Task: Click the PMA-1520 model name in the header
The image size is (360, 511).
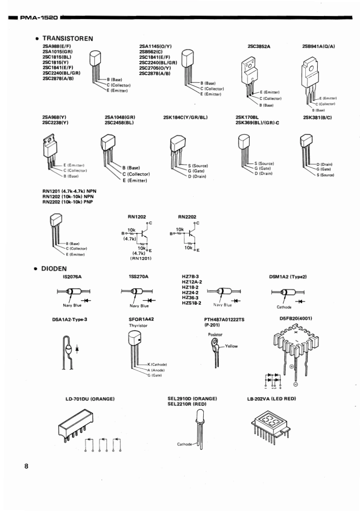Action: pyautogui.click(x=38, y=18)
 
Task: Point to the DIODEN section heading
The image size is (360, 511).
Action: pyautogui.click(x=55, y=269)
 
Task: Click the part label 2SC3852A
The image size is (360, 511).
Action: pyautogui.click(x=259, y=46)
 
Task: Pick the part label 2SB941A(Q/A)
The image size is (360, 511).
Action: pyautogui.click(x=319, y=46)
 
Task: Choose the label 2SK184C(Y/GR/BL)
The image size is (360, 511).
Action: pyautogui.click(x=185, y=118)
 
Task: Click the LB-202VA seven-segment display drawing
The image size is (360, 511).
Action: pyautogui.click(x=270, y=426)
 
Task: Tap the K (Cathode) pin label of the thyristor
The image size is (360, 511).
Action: pyautogui.click(x=157, y=365)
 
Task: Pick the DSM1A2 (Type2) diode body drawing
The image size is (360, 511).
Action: pyautogui.click(x=286, y=292)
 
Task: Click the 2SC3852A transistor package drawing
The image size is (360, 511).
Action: pyautogui.click(x=249, y=74)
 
